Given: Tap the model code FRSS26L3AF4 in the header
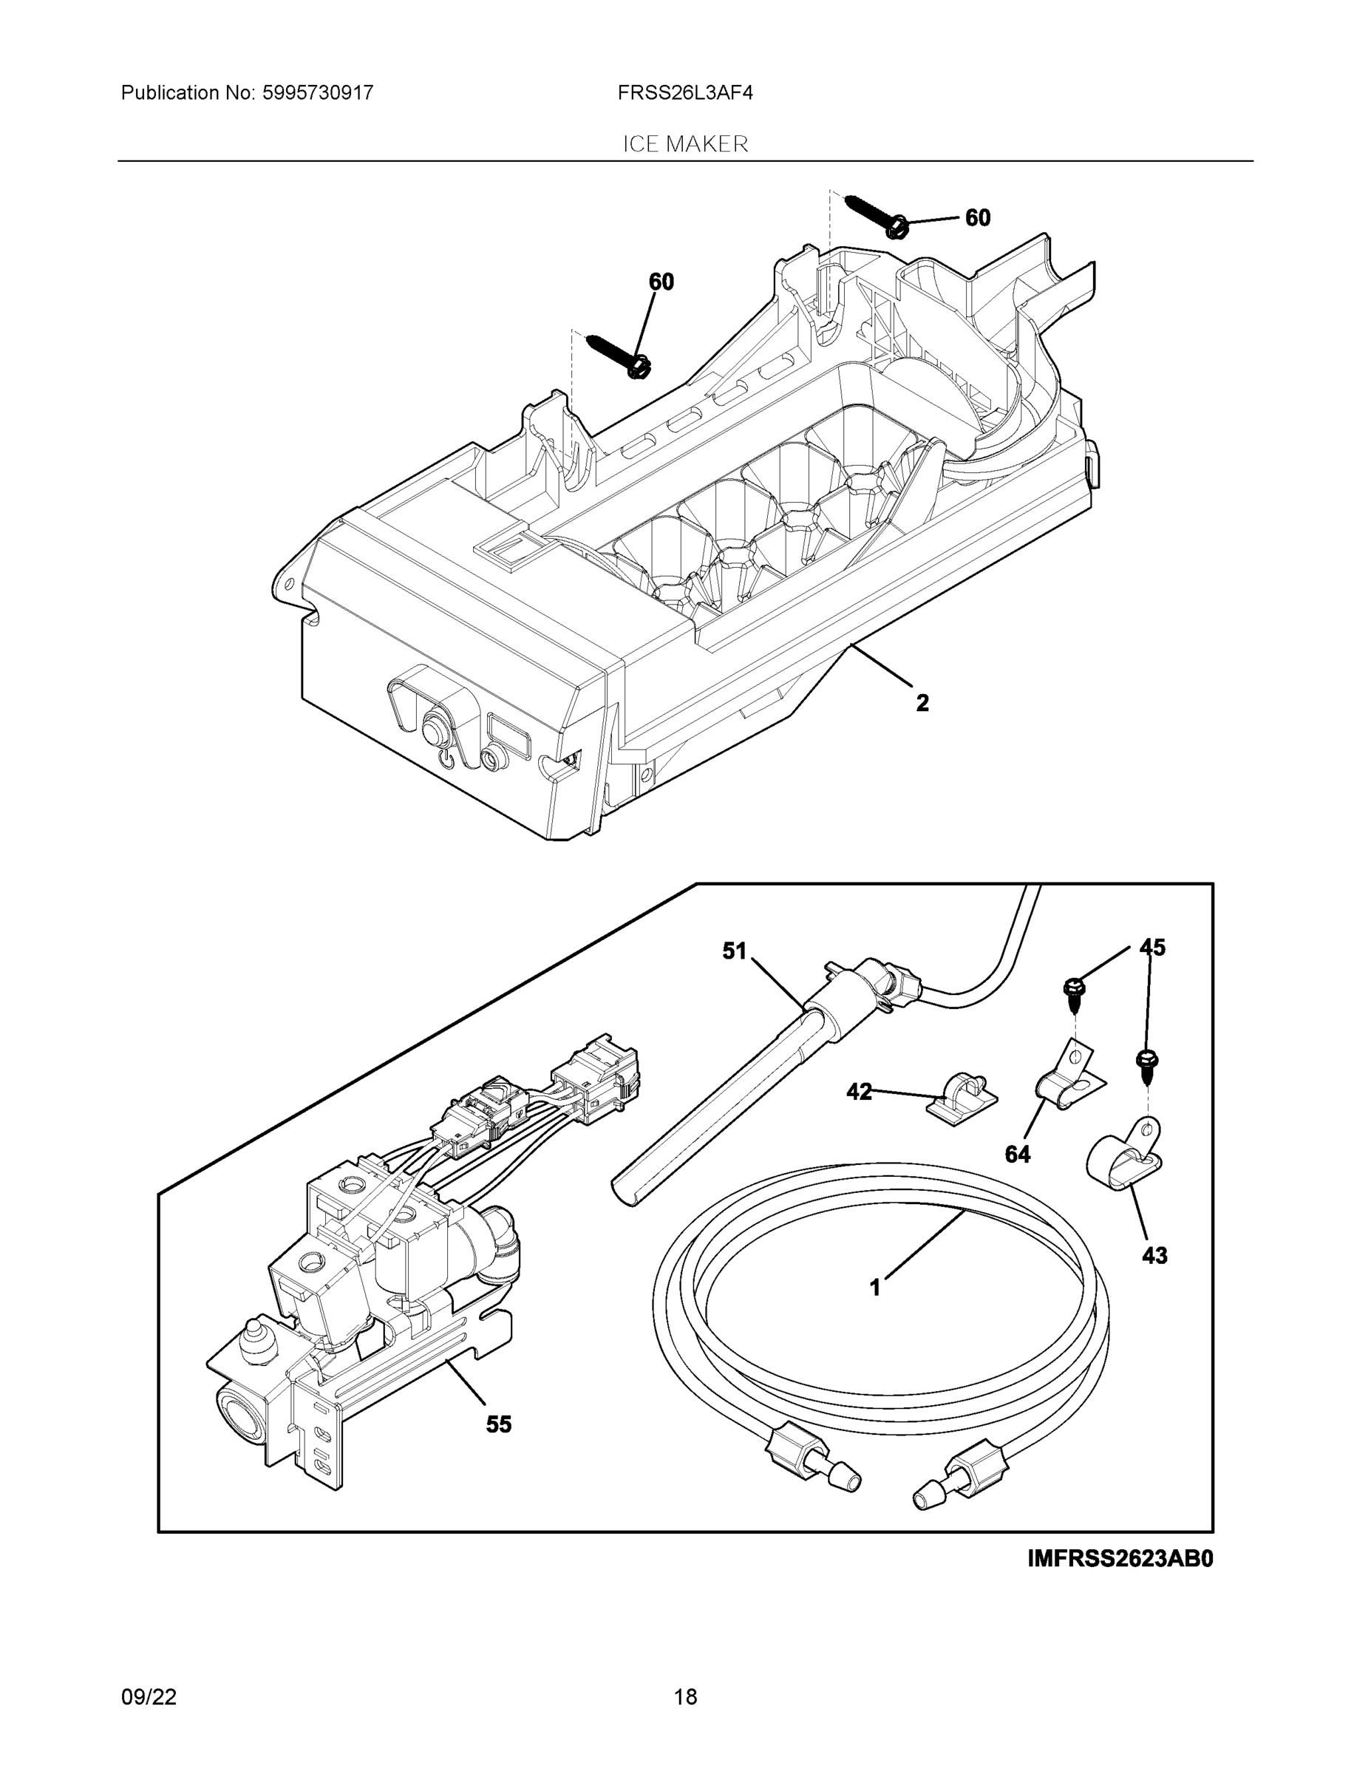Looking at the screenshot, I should tap(684, 93).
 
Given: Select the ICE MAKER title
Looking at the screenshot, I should tap(684, 144).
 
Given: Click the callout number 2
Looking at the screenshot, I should tap(922, 703).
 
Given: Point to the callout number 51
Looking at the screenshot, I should tap(734, 951).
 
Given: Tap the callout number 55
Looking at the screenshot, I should tap(499, 1424).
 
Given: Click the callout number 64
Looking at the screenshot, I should tap(1017, 1155).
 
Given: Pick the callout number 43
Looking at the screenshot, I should tap(1154, 1255).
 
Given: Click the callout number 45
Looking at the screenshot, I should tap(1151, 947).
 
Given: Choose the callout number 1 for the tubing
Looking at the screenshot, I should tap(875, 1288).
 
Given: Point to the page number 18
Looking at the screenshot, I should tap(684, 1697).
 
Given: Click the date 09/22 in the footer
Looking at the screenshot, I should tap(149, 1697).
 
